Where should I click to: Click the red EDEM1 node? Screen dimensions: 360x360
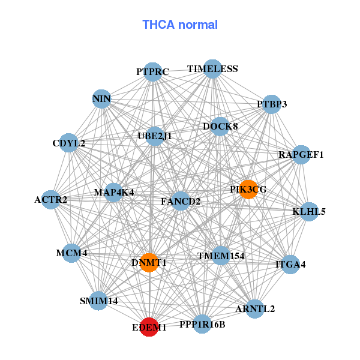point(149,327)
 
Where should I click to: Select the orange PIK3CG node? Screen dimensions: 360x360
point(248,190)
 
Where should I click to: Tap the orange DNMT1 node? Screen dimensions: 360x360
point(149,263)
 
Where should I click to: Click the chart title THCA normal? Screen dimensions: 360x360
point(180,25)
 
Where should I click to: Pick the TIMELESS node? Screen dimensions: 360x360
point(212,69)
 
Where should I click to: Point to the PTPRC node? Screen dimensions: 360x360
point(152,72)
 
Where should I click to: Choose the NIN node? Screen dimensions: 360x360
point(102,99)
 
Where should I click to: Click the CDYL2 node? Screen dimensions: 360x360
point(68,143)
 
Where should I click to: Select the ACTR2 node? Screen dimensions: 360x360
point(51,200)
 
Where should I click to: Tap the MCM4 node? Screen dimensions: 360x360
point(71,253)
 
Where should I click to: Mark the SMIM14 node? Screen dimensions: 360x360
point(98,301)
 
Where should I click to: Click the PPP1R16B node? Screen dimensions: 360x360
point(202,324)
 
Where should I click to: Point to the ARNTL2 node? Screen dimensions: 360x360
point(255,309)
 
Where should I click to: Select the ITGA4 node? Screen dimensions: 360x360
point(290,265)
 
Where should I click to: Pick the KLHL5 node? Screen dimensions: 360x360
point(309,211)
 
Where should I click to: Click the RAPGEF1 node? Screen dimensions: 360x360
point(301,155)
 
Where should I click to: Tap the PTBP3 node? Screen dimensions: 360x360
point(272,104)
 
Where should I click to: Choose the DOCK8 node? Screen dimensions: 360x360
point(220,127)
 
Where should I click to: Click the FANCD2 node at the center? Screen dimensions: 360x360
point(181,201)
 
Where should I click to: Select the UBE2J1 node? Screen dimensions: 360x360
point(155,136)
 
